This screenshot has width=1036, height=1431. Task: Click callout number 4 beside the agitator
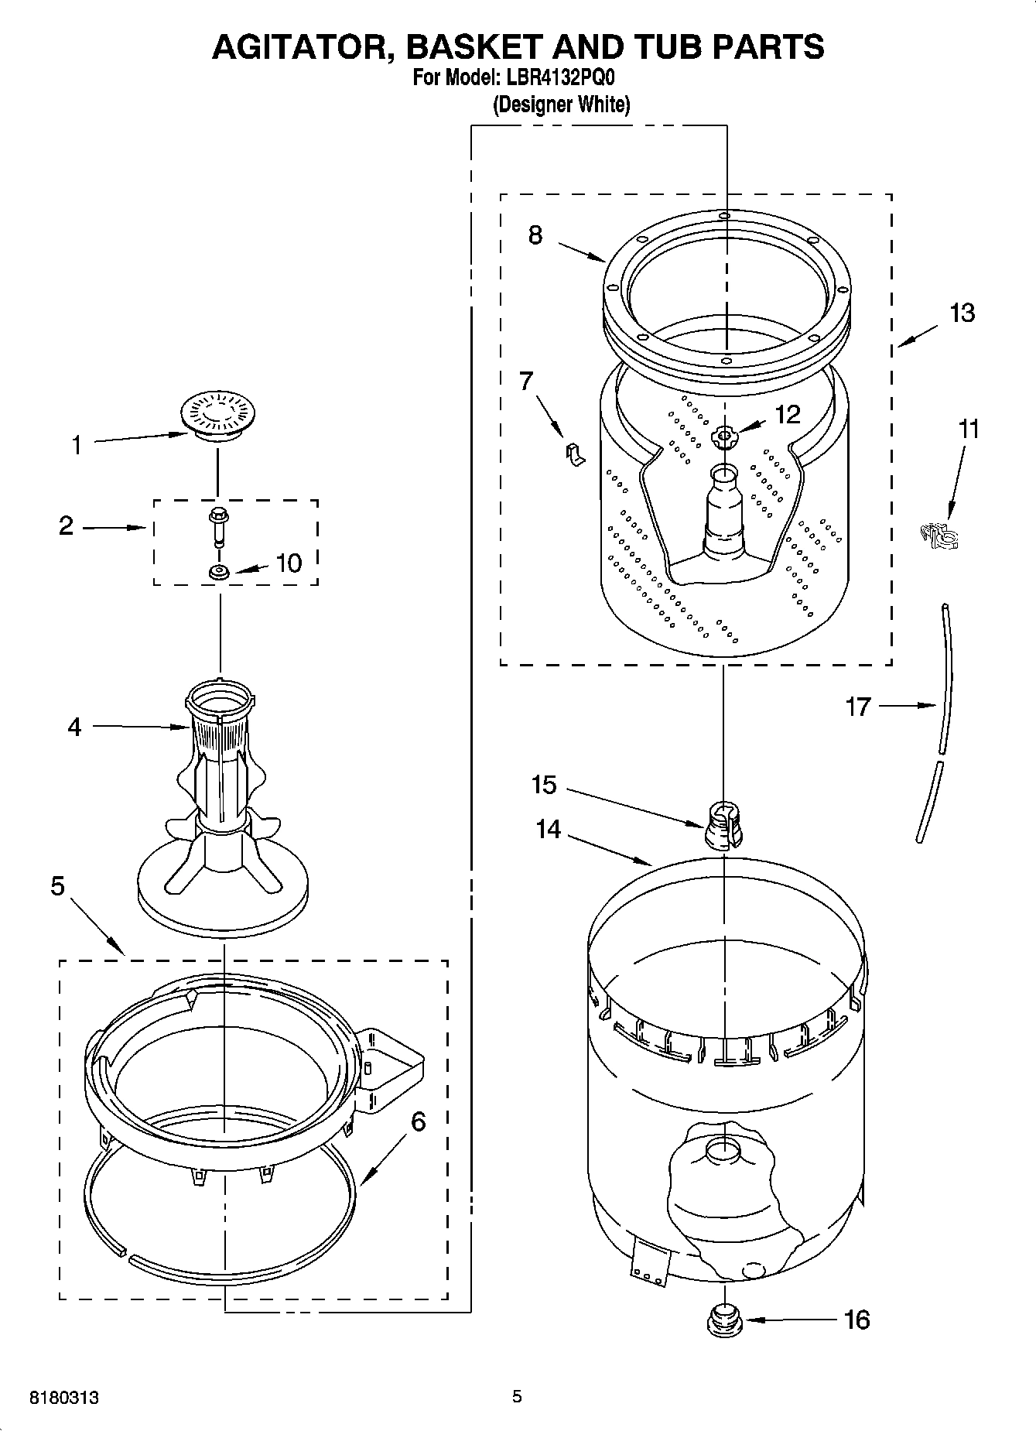74,727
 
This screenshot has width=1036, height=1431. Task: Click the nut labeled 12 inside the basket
724,438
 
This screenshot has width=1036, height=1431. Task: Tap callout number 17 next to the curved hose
858,706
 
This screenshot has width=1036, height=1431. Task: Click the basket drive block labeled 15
723,826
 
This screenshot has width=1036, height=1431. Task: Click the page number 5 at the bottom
517,1396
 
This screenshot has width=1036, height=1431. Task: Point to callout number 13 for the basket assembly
962,313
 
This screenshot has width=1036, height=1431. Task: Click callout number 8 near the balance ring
535,235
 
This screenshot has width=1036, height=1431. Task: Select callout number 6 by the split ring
418,1121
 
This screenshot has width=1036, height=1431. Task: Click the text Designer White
561,104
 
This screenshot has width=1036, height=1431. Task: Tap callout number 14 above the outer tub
548,830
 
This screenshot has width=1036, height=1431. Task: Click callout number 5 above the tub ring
58,886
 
